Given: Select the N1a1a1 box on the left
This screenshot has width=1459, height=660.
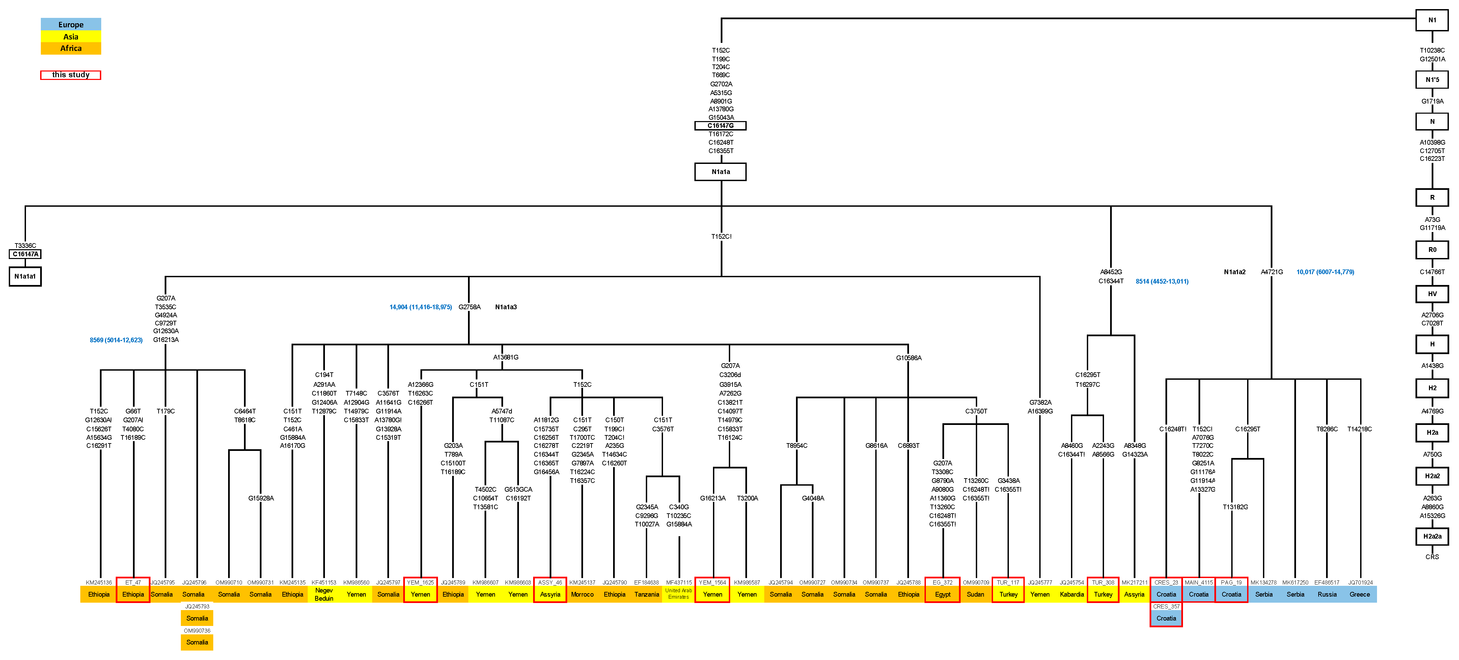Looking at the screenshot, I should tap(25, 276).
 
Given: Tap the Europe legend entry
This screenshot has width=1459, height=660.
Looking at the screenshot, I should tap(71, 24).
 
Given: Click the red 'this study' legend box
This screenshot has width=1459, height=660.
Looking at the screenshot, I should tap(71, 75).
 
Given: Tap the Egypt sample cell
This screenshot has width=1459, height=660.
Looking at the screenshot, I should tap(942, 594).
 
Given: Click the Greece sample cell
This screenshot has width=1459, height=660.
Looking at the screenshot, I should tap(1359, 594).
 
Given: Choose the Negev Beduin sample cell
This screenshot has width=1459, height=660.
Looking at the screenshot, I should tap(324, 594).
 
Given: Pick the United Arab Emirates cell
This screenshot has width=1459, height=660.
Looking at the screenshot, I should tap(679, 594).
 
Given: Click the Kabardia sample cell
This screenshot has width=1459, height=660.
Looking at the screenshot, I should tap(1072, 594).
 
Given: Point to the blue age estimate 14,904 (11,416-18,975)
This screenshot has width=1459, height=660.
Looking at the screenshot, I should tap(420, 307).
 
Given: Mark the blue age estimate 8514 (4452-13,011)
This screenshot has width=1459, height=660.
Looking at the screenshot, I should tap(1162, 281).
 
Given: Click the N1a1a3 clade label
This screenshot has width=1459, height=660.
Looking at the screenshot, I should tap(506, 307).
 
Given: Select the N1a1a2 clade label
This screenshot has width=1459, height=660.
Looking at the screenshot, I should tap(1234, 272).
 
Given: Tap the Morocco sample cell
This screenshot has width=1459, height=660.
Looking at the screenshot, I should tap(582, 594).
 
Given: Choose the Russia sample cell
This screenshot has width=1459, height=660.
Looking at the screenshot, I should tap(1327, 594).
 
